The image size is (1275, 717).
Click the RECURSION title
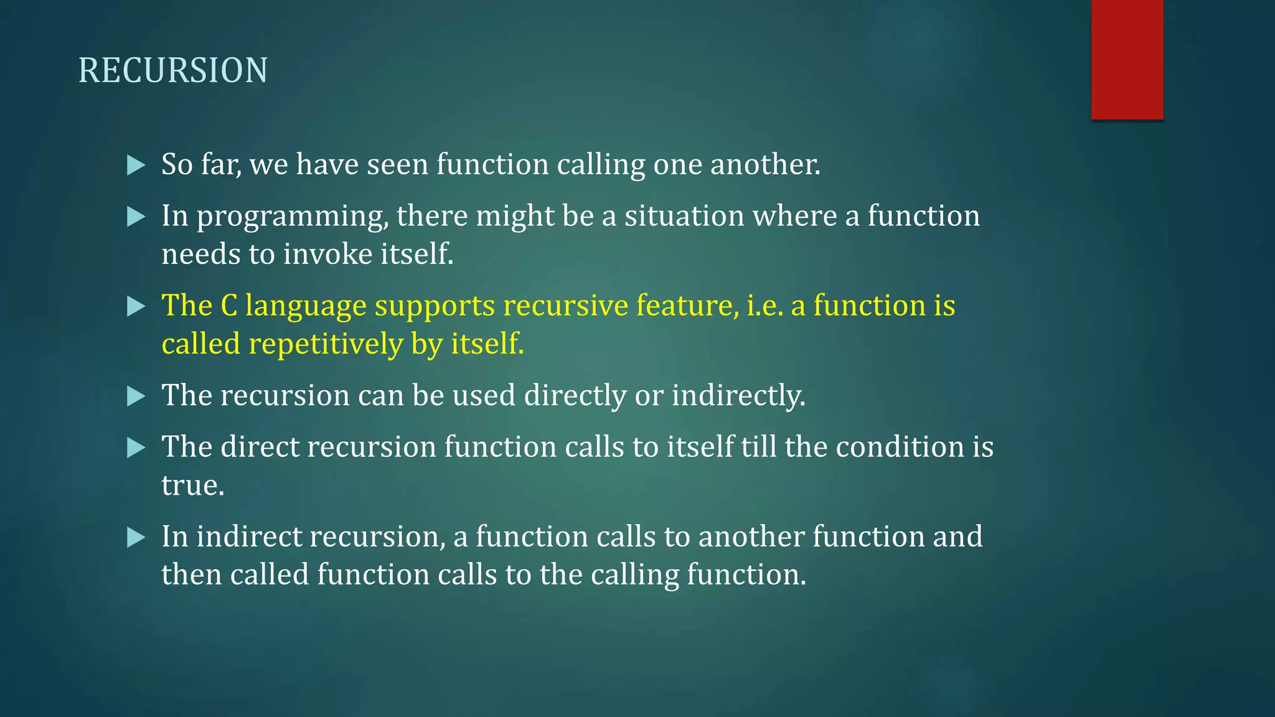point(173,70)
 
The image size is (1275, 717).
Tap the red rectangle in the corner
point(1127,60)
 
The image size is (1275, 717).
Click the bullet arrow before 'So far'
point(136,166)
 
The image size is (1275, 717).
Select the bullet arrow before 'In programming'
point(136,217)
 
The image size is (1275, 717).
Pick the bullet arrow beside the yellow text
point(136,306)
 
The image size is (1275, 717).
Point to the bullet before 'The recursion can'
point(136,396)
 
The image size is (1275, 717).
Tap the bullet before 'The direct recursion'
point(136,448)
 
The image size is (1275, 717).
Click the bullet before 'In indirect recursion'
point(136,537)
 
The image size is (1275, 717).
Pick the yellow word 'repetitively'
point(326,344)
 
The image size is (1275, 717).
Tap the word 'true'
point(192,485)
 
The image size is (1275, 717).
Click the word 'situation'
point(684,216)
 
